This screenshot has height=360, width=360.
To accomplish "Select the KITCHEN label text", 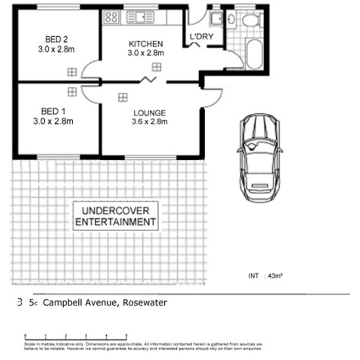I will coord(146,44).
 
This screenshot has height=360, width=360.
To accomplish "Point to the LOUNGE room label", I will coord(149,113).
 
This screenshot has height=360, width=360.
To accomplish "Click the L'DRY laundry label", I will coord(201,37).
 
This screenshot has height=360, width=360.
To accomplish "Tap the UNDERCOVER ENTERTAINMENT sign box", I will coord(115,216).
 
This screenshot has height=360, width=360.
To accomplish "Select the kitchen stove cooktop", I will coord(111,17).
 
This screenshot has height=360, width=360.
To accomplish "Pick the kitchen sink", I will coord(140,17).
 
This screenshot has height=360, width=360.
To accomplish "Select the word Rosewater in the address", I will coord(145,303).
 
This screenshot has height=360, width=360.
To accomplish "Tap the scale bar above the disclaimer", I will coord(76,337).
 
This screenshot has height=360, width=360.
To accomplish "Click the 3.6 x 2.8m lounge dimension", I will coord(149,122).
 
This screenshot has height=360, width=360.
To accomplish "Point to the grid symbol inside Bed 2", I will coord(72,72).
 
